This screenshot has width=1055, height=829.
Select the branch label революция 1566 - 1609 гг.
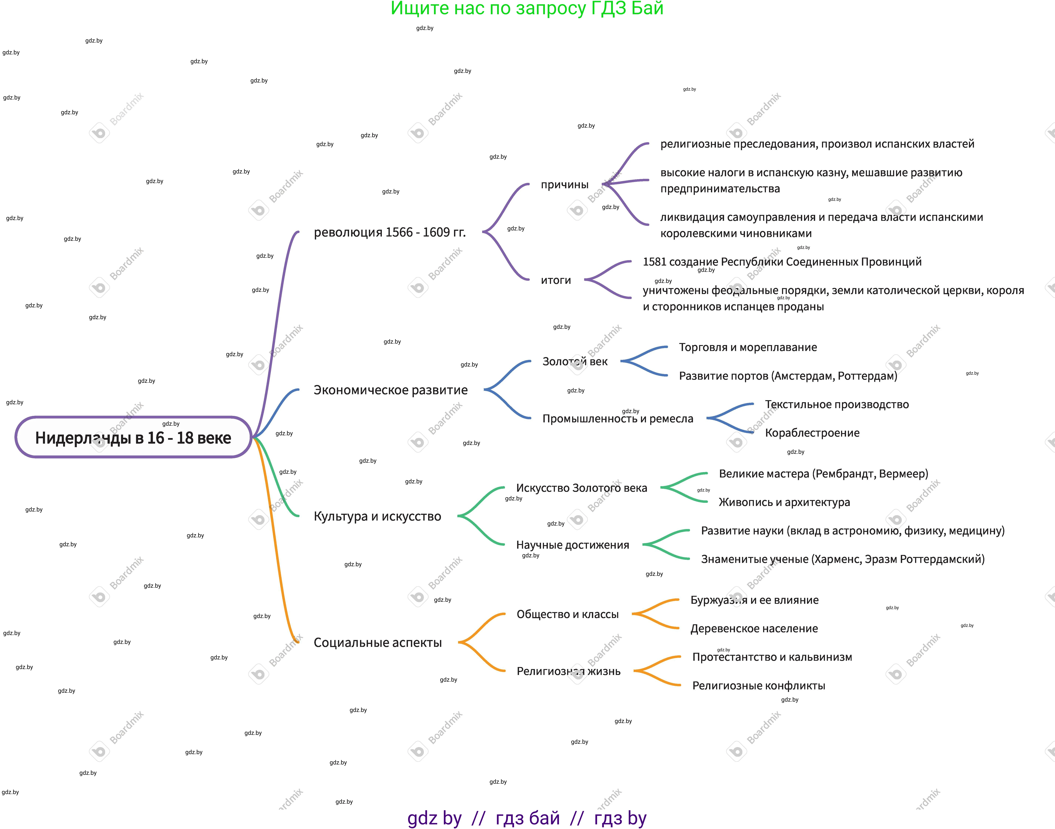point(390,232)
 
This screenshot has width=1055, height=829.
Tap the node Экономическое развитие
point(391,390)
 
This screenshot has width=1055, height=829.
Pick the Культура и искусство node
point(377,516)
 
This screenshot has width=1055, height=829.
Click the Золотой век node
point(575,362)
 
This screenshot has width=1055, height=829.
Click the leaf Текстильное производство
point(836,404)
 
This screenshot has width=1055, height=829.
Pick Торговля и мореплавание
point(748,347)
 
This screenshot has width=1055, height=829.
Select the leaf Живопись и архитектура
point(784,502)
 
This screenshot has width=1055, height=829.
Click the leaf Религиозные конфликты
point(758,686)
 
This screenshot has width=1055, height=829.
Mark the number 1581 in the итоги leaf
point(654,262)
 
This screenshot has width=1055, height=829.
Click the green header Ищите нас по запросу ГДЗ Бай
point(527,9)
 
